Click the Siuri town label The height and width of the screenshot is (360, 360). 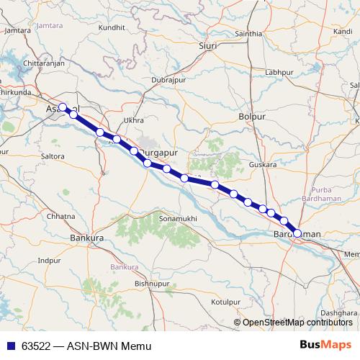coord(207,45)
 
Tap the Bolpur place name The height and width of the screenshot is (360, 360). coord(251,116)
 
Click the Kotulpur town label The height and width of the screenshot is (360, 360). coord(225,302)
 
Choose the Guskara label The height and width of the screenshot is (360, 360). coord(263,165)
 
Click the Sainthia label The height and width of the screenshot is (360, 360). coord(248,34)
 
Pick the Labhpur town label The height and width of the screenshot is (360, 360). coord(279,73)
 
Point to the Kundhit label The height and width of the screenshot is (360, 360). coord(112,27)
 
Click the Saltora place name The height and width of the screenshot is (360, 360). coord(53,156)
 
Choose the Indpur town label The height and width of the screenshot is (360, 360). coord(50,260)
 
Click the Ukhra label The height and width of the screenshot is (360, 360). coord(134,120)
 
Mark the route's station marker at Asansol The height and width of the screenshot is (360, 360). coord(63,107)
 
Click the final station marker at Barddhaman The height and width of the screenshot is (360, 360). coord(297,233)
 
